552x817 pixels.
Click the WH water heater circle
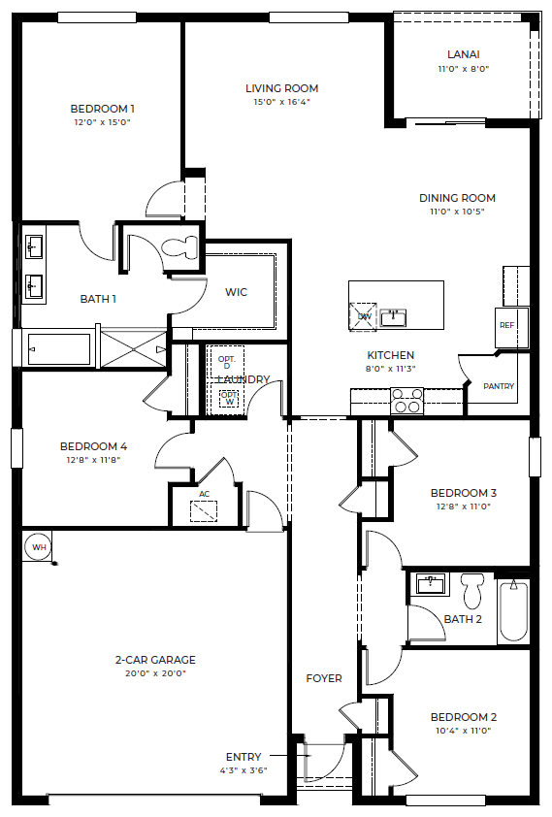click(x=39, y=547)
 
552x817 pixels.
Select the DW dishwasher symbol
click(x=363, y=316)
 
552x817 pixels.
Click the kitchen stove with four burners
click(x=406, y=401)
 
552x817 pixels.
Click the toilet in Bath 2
click(x=472, y=590)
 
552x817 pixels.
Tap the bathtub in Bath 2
click(x=513, y=610)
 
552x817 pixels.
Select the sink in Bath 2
click(x=431, y=583)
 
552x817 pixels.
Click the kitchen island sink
click(x=393, y=318)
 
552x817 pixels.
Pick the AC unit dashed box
click(x=204, y=511)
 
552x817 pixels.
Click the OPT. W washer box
click(x=229, y=399)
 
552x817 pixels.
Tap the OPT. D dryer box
click(x=226, y=362)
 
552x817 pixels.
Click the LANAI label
click(x=464, y=54)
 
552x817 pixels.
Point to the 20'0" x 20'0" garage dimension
click(x=155, y=673)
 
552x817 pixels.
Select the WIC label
click(x=236, y=292)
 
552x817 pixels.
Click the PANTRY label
click(x=499, y=386)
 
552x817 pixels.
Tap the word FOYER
click(x=324, y=678)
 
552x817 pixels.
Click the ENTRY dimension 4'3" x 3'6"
click(x=244, y=770)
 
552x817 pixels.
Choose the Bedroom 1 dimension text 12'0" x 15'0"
click(x=102, y=122)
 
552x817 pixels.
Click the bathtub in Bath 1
click(x=58, y=349)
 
